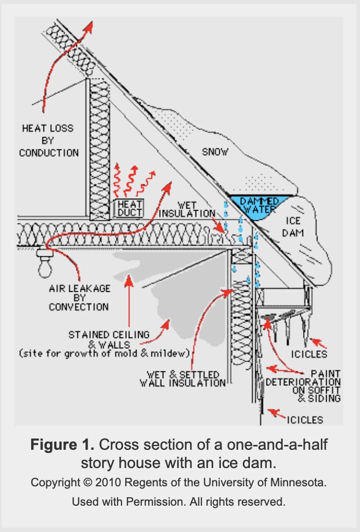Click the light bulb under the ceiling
point(42,264)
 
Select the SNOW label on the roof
point(215,152)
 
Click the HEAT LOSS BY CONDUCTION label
point(49,141)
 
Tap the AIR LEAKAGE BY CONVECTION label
point(79,298)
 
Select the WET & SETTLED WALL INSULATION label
point(183,378)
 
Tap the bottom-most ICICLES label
point(305,419)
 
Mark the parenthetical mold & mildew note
point(104,353)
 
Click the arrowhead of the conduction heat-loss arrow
point(89,25)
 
